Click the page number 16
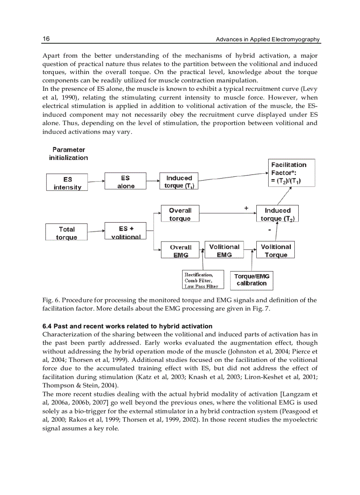coord(46,39)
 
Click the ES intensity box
coord(67,182)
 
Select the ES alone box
coord(125,182)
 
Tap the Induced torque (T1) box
coord(179,182)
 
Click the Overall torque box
coord(180,214)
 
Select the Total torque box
coord(67,233)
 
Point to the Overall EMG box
coord(180,251)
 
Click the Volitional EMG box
coord(224,250)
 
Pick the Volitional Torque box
coord(276,250)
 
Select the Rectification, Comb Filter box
coord(201,280)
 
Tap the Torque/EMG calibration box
coord(251,280)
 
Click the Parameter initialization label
coord(68,154)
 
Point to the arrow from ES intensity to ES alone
coord(96,181)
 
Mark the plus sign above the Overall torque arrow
coord(246,208)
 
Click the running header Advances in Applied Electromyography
coord(267,40)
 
